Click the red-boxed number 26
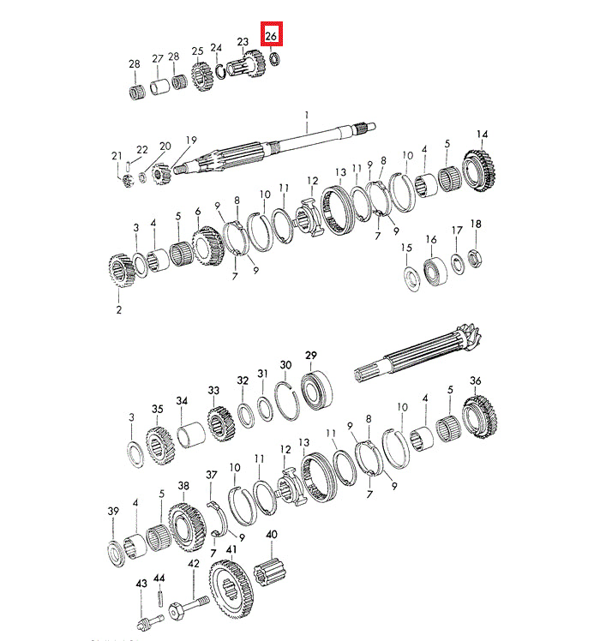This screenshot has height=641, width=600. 271,36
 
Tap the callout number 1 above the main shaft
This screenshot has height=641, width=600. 307,116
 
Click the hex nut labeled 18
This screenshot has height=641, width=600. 475,258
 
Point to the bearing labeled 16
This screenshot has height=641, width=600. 435,271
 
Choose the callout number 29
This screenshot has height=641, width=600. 311,355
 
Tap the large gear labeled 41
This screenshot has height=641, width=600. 231,588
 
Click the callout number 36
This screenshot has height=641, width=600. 475,380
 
